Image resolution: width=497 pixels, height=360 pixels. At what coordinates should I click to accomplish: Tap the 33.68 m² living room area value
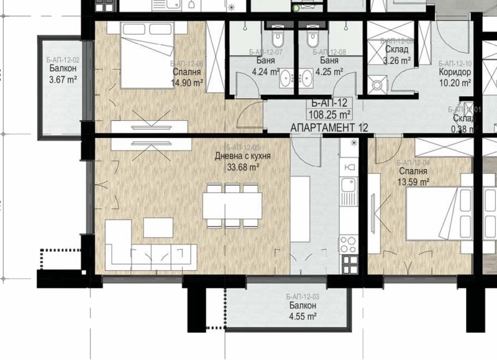click(243, 167)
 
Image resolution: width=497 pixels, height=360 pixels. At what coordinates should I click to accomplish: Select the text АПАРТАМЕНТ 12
click(329, 127)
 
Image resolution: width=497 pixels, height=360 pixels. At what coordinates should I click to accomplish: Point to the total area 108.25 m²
click(329, 114)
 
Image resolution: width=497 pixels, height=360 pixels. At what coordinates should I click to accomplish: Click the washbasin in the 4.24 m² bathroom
click(286, 78)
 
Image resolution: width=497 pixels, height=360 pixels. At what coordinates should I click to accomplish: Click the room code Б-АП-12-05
click(242, 147)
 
